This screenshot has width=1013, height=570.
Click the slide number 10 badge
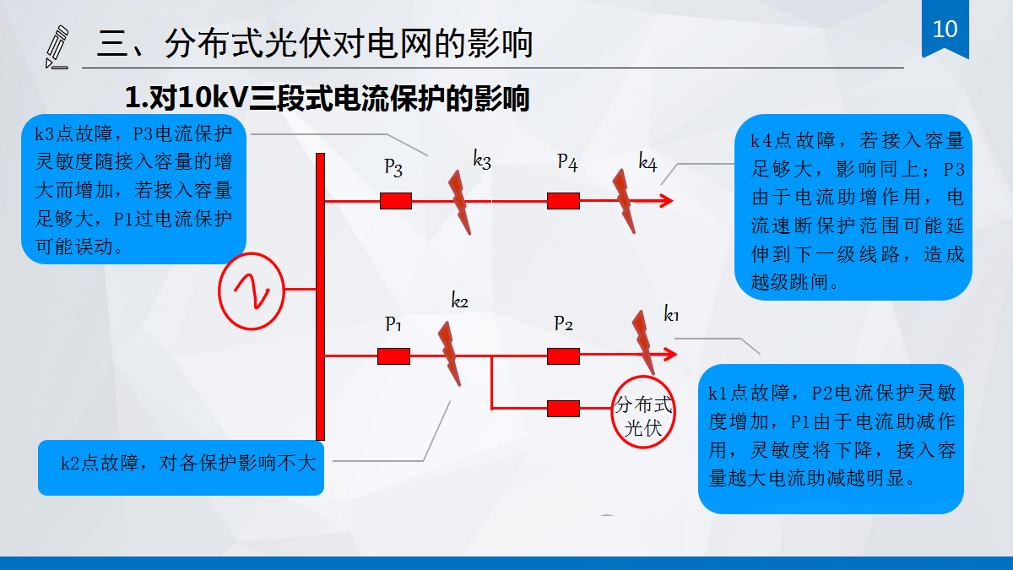point(945,30)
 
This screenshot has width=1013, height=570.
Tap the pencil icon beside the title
point(57,47)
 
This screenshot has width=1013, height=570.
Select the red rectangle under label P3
point(395,201)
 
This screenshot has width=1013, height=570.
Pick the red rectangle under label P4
point(563,201)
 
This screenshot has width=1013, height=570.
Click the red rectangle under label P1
point(393,356)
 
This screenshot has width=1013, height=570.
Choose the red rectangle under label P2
point(563,356)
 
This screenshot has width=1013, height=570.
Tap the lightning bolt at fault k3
point(459,202)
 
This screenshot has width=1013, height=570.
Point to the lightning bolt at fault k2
point(449,355)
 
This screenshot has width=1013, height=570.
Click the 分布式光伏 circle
point(645,415)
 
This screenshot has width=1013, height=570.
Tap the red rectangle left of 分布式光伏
point(563,409)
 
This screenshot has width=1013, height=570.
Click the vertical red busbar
point(320,296)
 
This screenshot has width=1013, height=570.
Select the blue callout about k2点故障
point(181,463)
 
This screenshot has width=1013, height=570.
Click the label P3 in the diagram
point(393,166)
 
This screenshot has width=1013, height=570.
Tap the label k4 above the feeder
point(647,163)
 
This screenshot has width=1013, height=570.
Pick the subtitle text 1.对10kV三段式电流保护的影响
point(327,99)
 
